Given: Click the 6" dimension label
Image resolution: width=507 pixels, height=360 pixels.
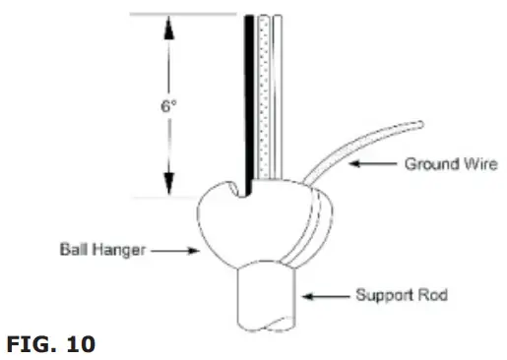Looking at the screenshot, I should coord(169,105).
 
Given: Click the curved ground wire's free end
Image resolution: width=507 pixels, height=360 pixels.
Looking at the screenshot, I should coord(420,124).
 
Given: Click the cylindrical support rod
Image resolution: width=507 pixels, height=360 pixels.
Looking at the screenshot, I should coord(267,300).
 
